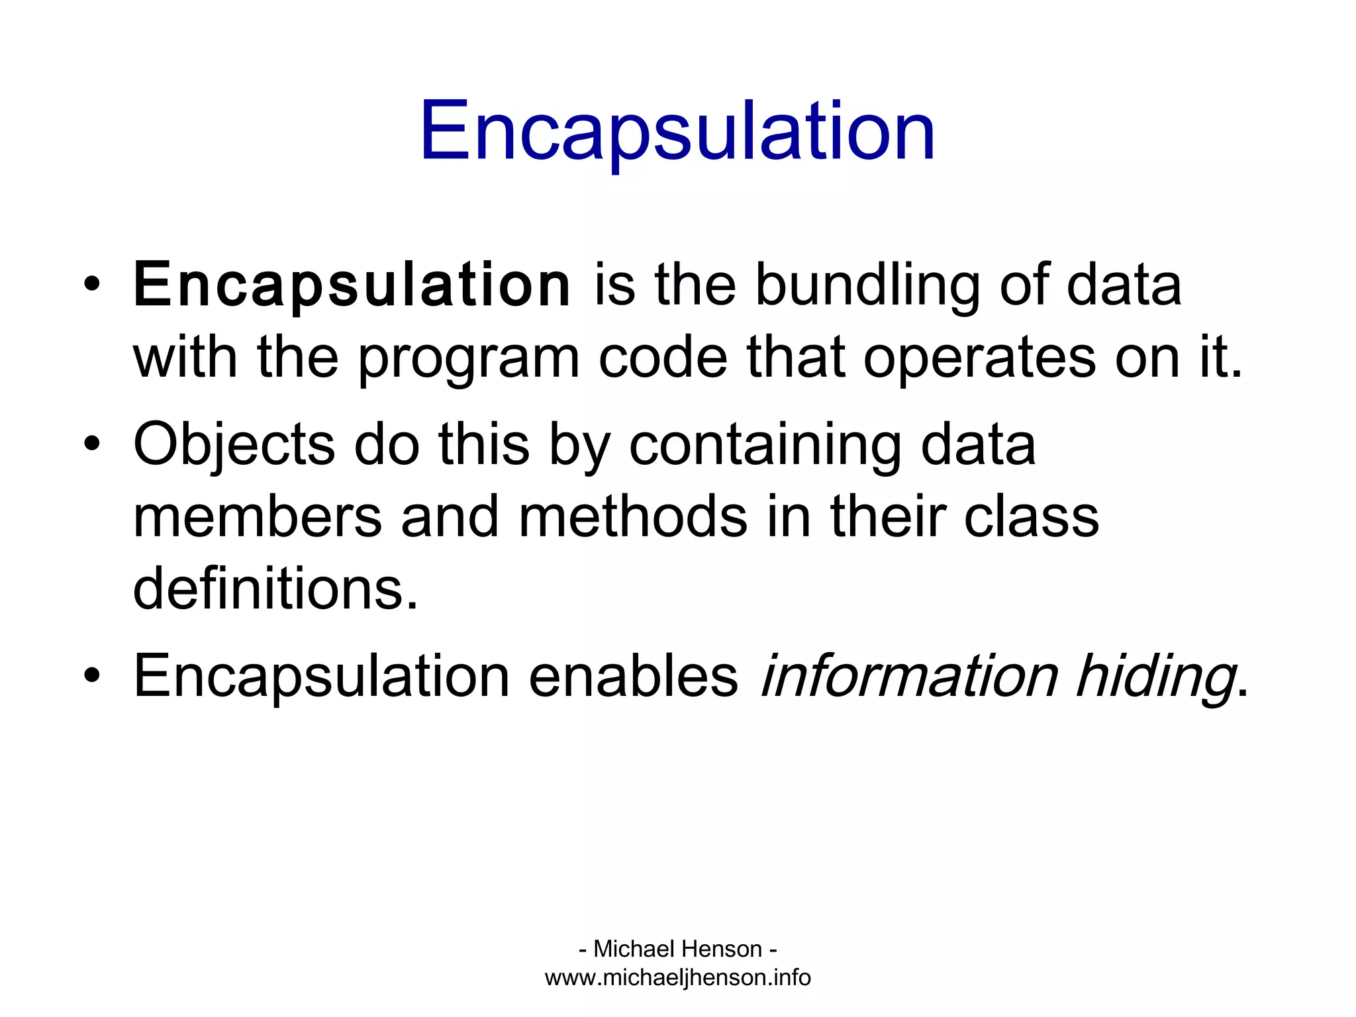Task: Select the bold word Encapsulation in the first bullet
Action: (x=352, y=285)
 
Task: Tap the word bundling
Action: (x=867, y=285)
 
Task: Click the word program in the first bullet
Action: (x=469, y=358)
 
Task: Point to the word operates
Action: (x=979, y=358)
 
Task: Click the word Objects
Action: (x=234, y=444)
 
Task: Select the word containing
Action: (x=765, y=444)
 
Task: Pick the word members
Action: (x=258, y=517)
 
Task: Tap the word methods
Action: (x=633, y=517)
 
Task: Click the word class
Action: (x=1032, y=517)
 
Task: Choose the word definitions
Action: (x=275, y=589)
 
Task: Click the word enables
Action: (x=633, y=676)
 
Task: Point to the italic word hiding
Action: (x=1155, y=676)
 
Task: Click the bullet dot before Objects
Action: (x=92, y=444)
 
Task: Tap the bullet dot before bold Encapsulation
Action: (x=92, y=285)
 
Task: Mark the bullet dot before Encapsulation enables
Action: (x=92, y=676)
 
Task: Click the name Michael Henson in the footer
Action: (x=677, y=949)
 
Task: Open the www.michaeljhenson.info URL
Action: (x=677, y=978)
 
